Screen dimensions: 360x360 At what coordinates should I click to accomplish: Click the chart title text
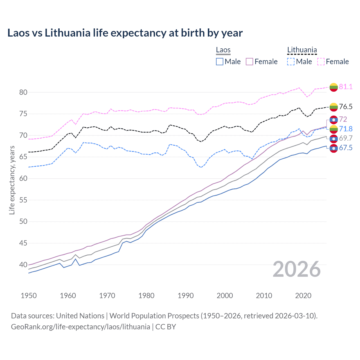pyautogui.click(x=125, y=33)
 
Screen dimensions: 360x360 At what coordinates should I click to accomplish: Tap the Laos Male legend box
pyautogui.click(x=220, y=62)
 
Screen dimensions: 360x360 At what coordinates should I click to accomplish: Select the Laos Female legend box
pyautogui.click(x=249, y=62)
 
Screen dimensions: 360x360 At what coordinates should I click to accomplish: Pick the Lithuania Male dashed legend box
pyautogui.click(x=291, y=62)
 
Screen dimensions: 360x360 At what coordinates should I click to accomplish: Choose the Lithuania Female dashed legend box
pyautogui.click(x=321, y=62)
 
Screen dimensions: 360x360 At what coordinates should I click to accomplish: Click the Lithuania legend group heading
pyautogui.click(x=302, y=50)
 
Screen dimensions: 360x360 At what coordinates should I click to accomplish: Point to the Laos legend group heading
pyautogui.click(x=223, y=50)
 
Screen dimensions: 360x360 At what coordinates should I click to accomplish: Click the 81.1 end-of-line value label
pyautogui.click(x=346, y=87)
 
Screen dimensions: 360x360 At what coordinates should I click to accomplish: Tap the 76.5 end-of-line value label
pyautogui.click(x=346, y=107)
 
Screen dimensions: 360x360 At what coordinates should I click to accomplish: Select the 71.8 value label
pyautogui.click(x=346, y=129)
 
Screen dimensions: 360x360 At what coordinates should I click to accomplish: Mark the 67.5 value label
pyautogui.click(x=346, y=148)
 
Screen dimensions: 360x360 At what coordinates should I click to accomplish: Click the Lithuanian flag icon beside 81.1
pyautogui.click(x=334, y=87)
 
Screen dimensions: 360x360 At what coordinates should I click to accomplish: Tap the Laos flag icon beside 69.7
pyautogui.click(x=334, y=139)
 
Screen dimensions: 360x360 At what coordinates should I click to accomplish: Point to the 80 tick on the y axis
pyautogui.click(x=23, y=92)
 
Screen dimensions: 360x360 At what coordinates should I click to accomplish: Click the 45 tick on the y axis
pyautogui.click(x=23, y=243)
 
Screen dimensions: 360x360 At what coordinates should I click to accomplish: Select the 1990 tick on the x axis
pyautogui.click(x=186, y=296)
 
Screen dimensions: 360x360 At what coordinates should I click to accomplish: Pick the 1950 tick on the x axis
pyautogui.click(x=29, y=296)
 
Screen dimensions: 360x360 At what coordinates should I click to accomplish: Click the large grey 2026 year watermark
pyautogui.click(x=297, y=269)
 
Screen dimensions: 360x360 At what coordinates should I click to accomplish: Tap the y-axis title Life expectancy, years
pyautogui.click(x=12, y=180)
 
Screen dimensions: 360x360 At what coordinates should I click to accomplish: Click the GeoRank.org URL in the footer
pyautogui.click(x=80, y=327)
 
